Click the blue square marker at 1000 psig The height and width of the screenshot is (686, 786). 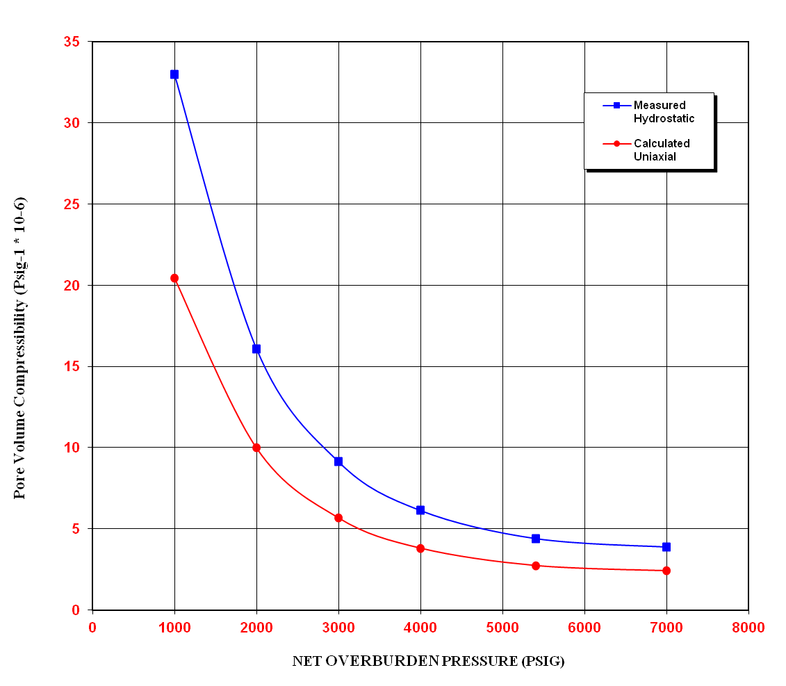(174, 74)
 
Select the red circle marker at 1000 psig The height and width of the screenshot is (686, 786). (174, 278)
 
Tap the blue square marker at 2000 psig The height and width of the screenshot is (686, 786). (256, 349)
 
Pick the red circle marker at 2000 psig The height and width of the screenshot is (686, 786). (256, 448)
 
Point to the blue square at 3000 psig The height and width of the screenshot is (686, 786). (338, 462)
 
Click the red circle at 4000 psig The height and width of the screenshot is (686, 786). (420, 548)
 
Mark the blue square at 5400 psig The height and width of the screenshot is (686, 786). (536, 539)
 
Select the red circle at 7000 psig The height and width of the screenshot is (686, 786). (666, 571)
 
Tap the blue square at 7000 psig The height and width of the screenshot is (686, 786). (666, 547)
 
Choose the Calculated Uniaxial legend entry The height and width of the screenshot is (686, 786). (653, 150)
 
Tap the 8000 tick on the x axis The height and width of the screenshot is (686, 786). (748, 628)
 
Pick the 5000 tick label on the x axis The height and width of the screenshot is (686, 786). (502, 628)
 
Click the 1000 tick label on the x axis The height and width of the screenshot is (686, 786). (174, 628)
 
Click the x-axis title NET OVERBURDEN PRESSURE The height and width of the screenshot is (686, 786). (428, 662)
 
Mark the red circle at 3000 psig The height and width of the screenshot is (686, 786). (338, 518)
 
